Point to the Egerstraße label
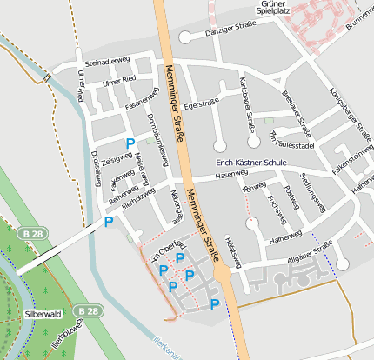202,103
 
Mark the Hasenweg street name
230,175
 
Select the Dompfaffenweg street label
157,137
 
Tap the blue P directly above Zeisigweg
130,143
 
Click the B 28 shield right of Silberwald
86,310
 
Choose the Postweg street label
292,197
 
